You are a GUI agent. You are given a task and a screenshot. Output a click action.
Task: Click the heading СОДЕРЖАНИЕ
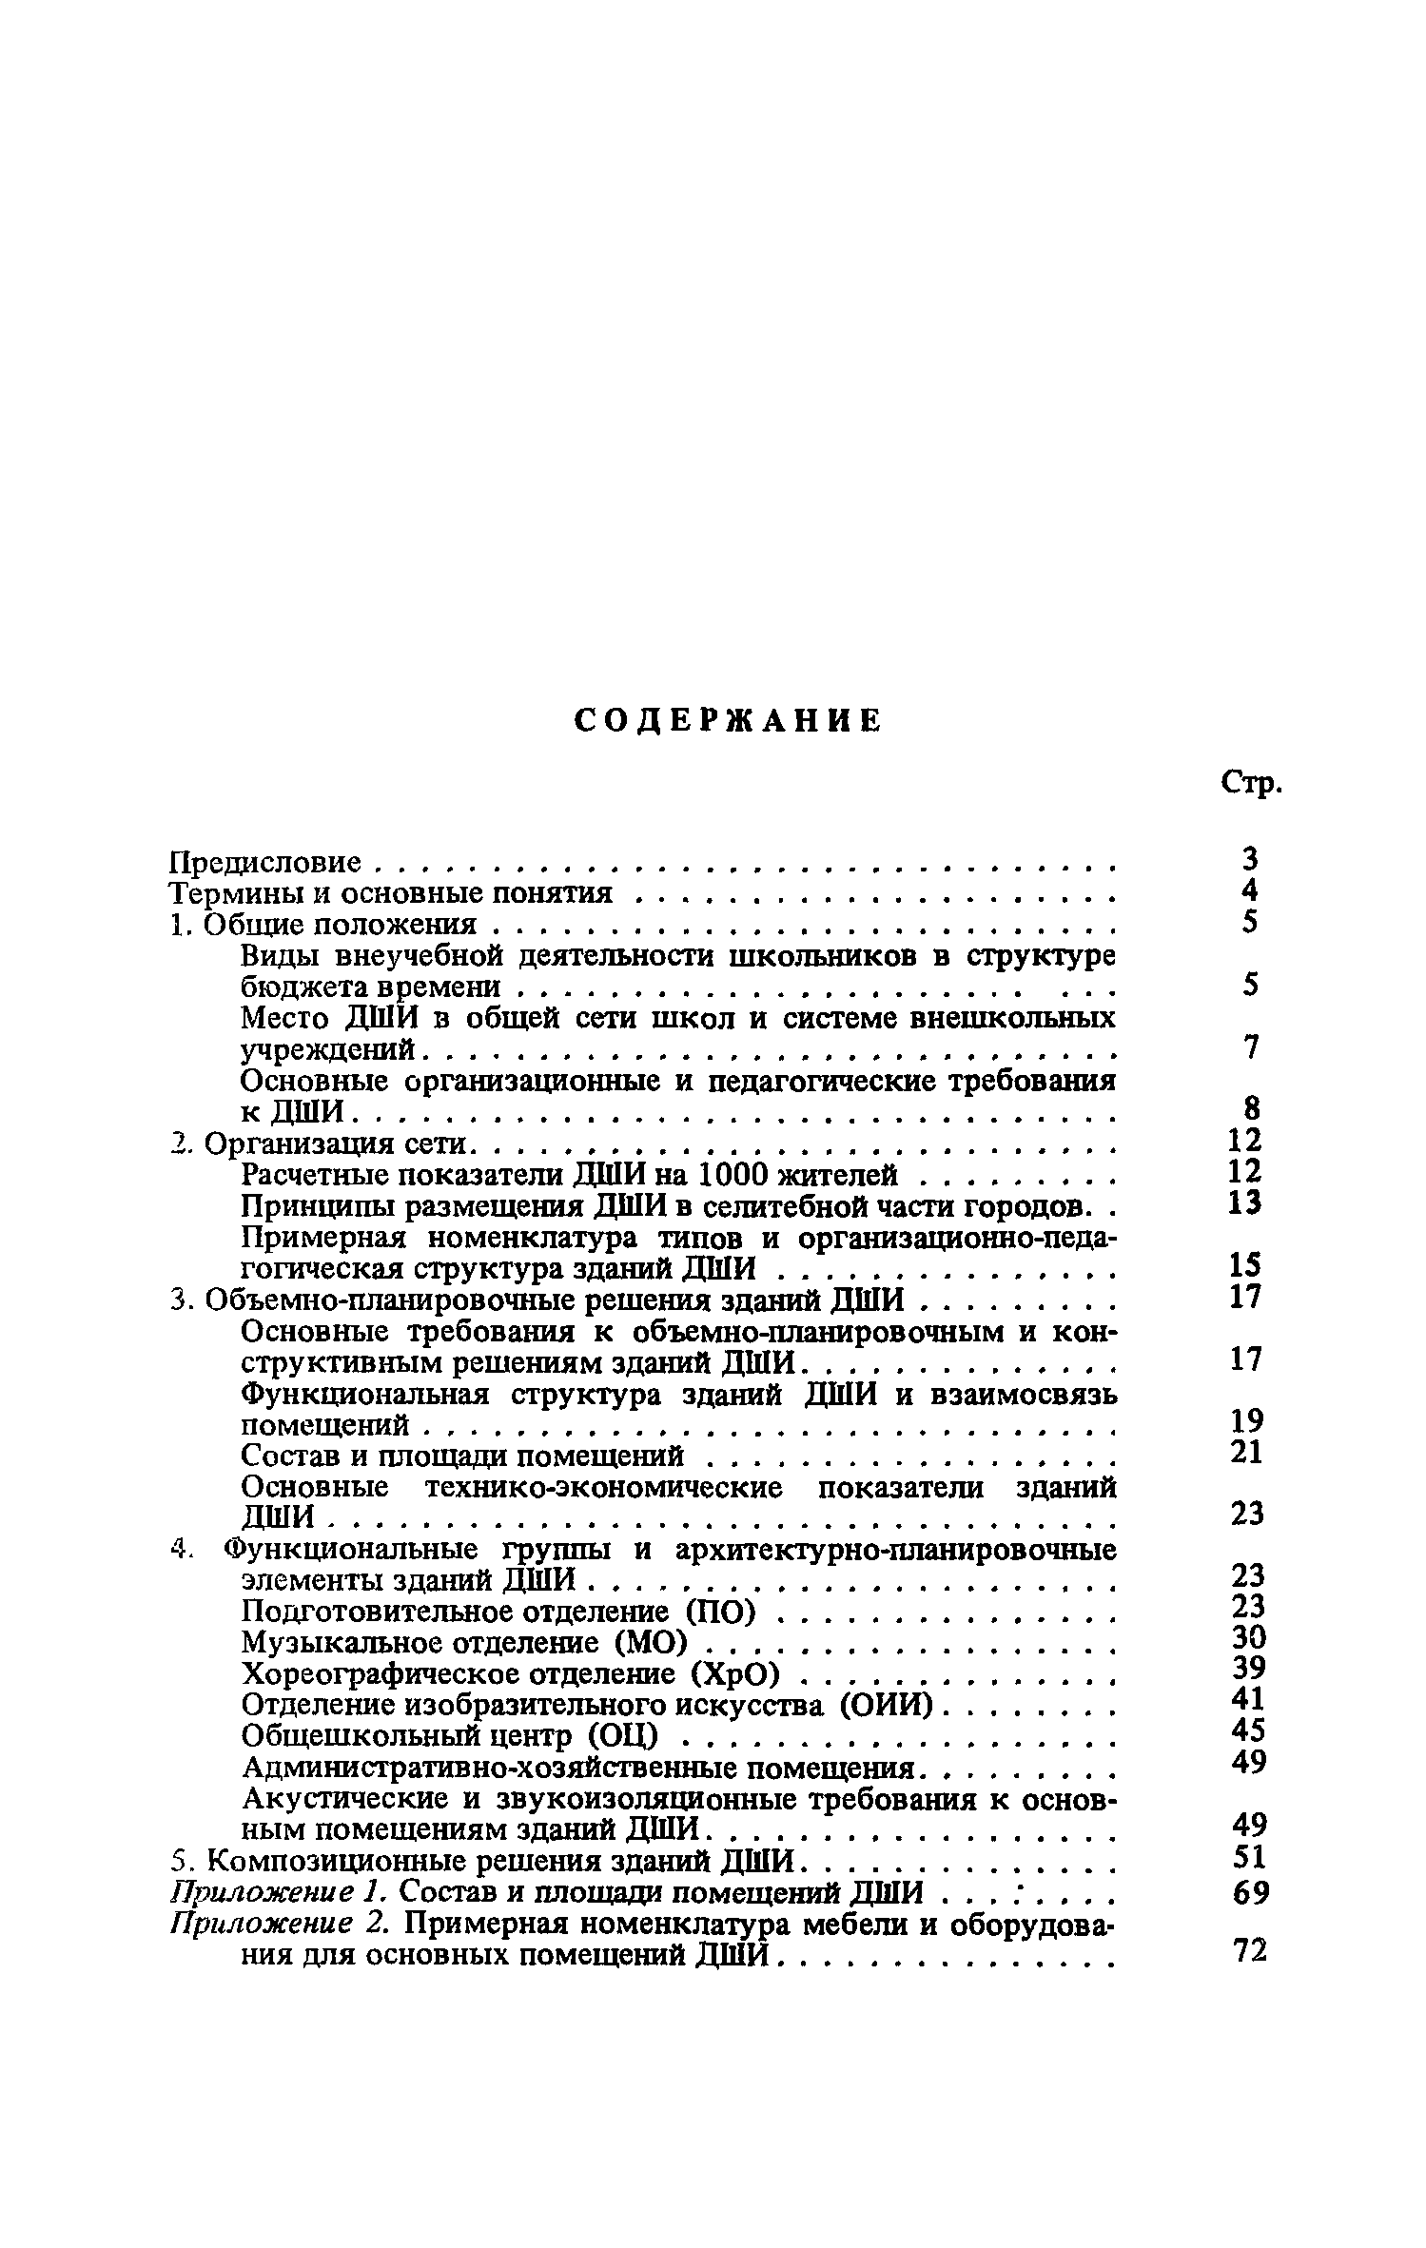[729, 722]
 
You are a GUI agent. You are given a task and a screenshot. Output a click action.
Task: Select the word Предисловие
[264, 863]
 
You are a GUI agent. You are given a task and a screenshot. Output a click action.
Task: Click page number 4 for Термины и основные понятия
[1250, 891]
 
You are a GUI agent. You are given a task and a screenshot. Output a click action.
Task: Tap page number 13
[1244, 1203]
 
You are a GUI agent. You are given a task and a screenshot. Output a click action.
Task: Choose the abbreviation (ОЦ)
[622, 1736]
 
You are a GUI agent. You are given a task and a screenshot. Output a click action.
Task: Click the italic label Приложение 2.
[278, 1923]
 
